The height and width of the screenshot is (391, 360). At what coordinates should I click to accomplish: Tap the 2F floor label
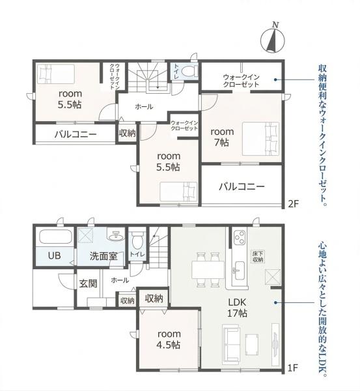pos(293,204)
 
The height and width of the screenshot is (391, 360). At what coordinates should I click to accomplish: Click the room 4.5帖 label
pos(168,339)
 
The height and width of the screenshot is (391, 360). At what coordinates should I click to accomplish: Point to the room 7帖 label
pos(221,136)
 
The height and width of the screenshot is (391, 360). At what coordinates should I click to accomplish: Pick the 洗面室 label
pos(103,256)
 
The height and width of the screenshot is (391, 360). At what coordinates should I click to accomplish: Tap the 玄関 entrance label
pos(88,283)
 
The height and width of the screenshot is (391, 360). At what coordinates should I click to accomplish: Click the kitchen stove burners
pos(238,235)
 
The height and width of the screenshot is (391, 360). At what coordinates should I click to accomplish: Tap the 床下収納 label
pos(258,257)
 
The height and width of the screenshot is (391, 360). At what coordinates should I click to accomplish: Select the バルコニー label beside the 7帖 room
pos(242,186)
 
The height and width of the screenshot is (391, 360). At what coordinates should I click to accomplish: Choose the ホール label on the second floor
pos(144,106)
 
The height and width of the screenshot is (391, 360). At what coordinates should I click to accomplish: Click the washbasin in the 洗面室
pos(117,235)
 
